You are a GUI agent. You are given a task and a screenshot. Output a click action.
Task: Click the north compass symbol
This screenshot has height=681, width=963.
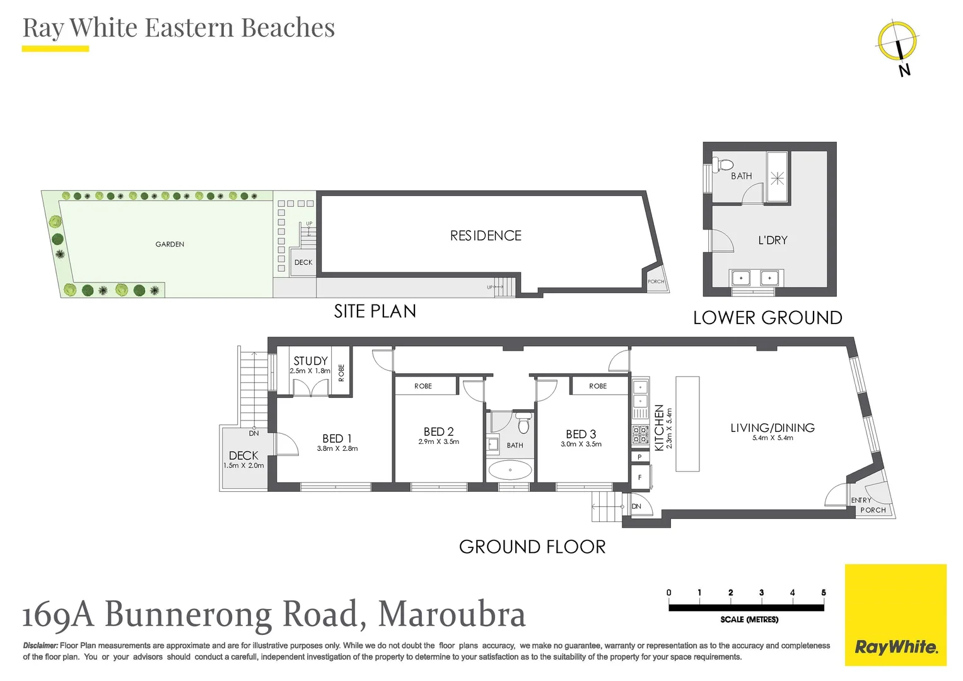pos(897,42)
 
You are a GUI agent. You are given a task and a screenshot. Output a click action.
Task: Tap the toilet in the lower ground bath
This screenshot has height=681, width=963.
pos(723,166)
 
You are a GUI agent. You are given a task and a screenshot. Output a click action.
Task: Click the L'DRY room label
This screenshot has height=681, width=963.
pos(773,240)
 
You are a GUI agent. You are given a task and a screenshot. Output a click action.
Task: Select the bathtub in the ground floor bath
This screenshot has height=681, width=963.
pos(510,470)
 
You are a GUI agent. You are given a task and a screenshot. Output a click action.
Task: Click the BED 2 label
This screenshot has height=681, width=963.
pos(438,432)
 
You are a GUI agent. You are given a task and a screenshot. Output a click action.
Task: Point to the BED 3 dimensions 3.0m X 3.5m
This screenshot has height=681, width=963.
pos(581,445)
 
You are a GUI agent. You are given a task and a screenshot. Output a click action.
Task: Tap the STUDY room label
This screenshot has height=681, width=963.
pos(310,361)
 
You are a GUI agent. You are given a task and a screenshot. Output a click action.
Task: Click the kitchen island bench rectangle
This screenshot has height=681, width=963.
pos(687,424)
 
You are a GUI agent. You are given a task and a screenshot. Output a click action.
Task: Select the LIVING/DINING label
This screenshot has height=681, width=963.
pos(772,428)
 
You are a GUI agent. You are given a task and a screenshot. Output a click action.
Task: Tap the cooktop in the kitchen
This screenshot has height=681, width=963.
pos(640,434)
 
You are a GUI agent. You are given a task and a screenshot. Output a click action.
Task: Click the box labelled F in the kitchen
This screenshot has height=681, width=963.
pos(639,477)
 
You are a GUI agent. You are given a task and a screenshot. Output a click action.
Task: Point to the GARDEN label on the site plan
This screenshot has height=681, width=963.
pos(170,244)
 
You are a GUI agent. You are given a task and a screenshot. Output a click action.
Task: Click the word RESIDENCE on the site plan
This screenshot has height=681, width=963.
pos(486,236)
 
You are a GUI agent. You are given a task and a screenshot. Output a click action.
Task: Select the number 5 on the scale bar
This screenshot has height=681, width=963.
pos(823,593)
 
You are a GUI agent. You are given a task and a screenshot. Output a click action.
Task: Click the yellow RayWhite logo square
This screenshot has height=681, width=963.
pos(896,615)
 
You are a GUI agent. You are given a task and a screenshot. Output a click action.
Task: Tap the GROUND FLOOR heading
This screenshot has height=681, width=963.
pos(532,547)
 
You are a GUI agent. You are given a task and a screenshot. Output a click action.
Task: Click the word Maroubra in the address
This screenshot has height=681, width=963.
pos(452,614)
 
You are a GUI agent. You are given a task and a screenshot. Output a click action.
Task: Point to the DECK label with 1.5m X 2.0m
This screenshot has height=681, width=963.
pos(243,455)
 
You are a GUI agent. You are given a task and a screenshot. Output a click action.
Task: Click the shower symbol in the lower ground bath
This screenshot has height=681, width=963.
pos(777,179)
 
